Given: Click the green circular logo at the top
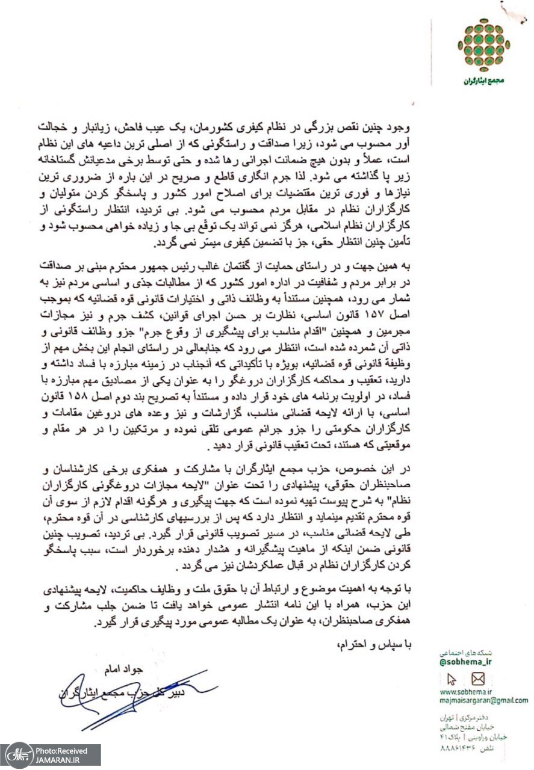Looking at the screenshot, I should (x=483, y=45).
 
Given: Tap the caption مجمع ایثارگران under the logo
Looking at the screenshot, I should (x=483, y=80).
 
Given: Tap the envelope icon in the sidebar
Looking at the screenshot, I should (x=478, y=679).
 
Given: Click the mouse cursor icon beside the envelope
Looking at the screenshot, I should (x=453, y=679).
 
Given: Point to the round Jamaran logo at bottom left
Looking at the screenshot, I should (x=16, y=754).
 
